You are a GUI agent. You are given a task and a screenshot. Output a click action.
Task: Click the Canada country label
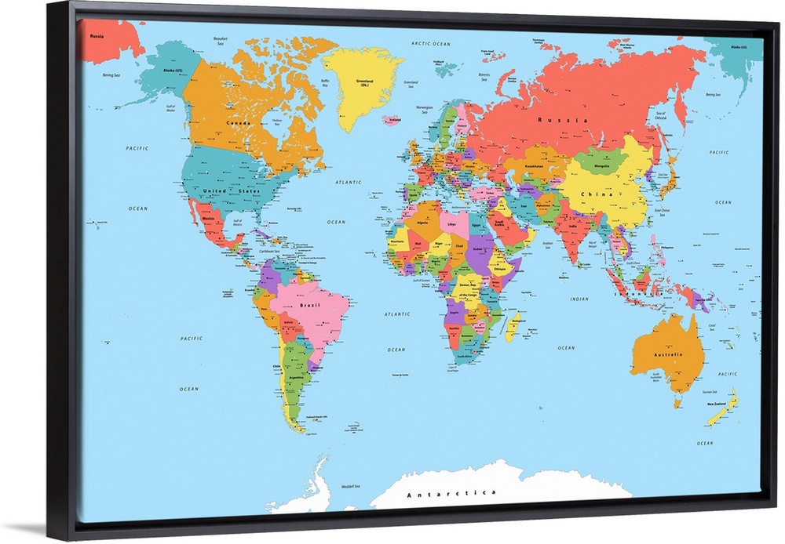(x=239, y=123)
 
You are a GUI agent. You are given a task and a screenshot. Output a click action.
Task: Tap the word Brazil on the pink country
(x=309, y=305)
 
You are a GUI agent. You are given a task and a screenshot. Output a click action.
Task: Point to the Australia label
(x=668, y=354)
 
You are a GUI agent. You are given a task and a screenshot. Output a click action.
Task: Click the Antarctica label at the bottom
(x=451, y=493)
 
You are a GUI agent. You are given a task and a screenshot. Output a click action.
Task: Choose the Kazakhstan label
(x=535, y=166)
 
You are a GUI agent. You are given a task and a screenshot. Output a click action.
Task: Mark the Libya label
(x=451, y=224)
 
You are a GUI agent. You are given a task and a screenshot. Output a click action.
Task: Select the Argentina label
(x=297, y=377)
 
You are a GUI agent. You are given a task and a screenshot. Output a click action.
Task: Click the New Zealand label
(x=716, y=404)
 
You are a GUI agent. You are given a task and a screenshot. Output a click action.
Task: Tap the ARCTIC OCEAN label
(x=431, y=44)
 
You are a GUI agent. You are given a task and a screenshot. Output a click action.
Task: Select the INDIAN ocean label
(x=579, y=299)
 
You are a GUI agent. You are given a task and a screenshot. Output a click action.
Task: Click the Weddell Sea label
(x=350, y=486)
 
